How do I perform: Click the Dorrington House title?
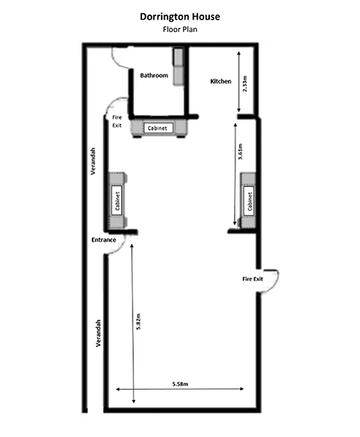click(180, 17)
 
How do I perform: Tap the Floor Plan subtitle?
click(180, 29)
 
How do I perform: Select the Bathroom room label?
click(154, 76)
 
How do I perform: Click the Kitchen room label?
click(221, 82)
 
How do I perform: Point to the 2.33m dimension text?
click(245, 83)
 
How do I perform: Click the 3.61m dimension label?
click(240, 151)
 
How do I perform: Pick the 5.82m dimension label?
click(138, 321)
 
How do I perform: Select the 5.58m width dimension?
click(180, 384)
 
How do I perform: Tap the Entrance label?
click(103, 240)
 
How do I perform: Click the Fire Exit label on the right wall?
click(253, 279)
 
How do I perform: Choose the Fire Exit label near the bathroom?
click(117, 122)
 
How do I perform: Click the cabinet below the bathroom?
click(158, 128)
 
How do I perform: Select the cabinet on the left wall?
click(118, 201)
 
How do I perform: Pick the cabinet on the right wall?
click(249, 201)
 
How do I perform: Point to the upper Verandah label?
click(93, 161)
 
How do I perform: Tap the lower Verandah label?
click(98, 333)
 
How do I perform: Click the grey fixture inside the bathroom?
click(179, 67)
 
